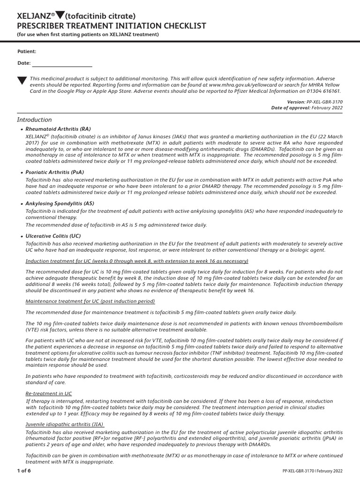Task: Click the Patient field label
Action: [x=27, y=52]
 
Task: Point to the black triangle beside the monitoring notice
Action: [x=22, y=81]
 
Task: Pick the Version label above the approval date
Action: [x=296, y=102]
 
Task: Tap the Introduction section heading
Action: [x=35, y=120]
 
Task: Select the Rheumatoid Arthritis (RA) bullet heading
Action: [x=59, y=129]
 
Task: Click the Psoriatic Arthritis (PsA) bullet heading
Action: [x=55, y=172]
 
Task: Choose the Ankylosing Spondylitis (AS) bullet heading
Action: [x=60, y=203]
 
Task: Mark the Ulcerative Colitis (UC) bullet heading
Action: [x=53, y=236]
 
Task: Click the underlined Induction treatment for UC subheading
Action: [x=137, y=261]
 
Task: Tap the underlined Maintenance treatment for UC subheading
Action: [x=90, y=301]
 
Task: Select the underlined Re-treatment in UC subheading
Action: [x=49, y=394]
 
